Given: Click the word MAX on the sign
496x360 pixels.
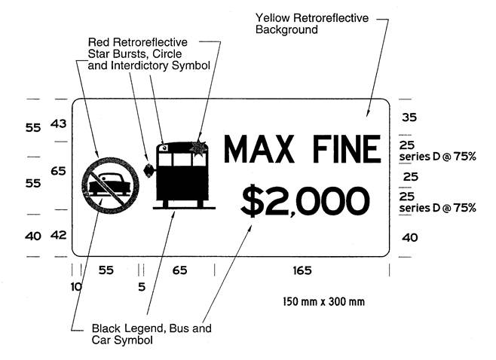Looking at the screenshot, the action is [x=259, y=149].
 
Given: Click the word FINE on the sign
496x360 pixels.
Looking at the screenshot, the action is [x=347, y=149].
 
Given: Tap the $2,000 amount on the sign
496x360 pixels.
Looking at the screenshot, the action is [x=305, y=201].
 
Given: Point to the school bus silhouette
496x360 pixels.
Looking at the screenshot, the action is [x=183, y=175].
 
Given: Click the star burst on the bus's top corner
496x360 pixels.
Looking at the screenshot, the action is [x=198, y=148].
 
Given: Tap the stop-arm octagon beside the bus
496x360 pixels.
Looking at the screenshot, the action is [x=148, y=171].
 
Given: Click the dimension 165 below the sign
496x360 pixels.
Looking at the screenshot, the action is [x=302, y=270].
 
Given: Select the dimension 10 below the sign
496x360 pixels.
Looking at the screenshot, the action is [x=76, y=287].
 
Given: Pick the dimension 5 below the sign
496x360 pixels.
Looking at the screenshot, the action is [x=142, y=287].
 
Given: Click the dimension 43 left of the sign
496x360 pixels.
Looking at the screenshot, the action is [x=59, y=124].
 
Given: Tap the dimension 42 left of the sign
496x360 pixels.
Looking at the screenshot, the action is [x=59, y=235].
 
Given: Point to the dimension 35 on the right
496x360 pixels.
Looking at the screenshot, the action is [x=409, y=117].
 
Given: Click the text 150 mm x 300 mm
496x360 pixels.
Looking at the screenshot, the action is [x=323, y=301].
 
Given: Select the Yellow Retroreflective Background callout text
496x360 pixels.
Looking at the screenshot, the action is [x=312, y=23].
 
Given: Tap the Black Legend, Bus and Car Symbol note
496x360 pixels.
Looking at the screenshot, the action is [x=152, y=334].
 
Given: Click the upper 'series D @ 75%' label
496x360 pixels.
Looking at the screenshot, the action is [x=437, y=157].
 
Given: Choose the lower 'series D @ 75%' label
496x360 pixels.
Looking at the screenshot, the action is [x=437, y=208].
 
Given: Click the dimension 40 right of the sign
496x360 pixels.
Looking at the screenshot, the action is [x=410, y=237].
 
